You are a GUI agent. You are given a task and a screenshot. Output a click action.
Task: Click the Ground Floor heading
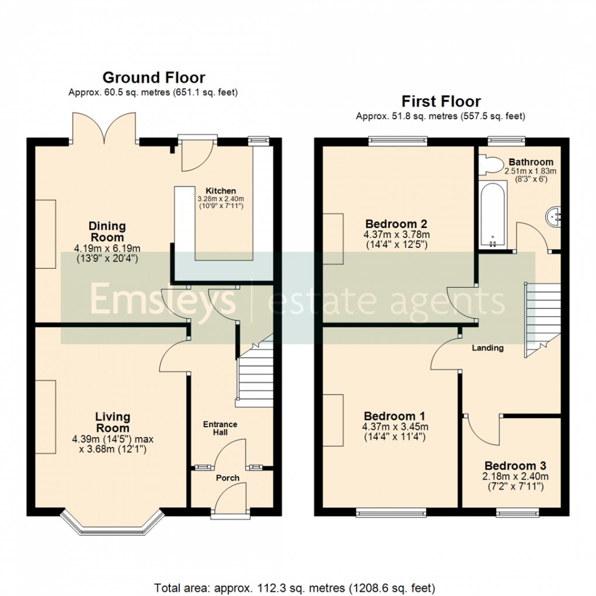[x=154, y=78]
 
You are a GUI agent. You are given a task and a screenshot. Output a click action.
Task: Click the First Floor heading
[x=441, y=102]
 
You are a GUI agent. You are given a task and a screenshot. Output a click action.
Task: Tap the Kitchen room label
[x=220, y=191]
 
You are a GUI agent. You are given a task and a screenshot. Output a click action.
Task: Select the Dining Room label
[x=107, y=231]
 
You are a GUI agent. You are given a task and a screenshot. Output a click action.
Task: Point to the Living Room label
[x=113, y=422]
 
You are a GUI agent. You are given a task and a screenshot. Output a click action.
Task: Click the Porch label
[x=228, y=478]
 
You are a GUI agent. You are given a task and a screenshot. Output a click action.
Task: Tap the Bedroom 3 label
[x=515, y=466]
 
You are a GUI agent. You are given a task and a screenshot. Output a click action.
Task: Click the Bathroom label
[x=531, y=162]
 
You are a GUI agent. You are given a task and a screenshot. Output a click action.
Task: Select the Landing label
[x=487, y=348]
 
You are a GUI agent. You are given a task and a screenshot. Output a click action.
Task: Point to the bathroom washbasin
[x=553, y=217]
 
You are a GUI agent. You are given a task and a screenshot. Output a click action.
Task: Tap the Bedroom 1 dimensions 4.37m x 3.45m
[x=394, y=427]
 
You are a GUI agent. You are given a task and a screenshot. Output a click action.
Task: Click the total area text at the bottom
[x=295, y=587]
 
